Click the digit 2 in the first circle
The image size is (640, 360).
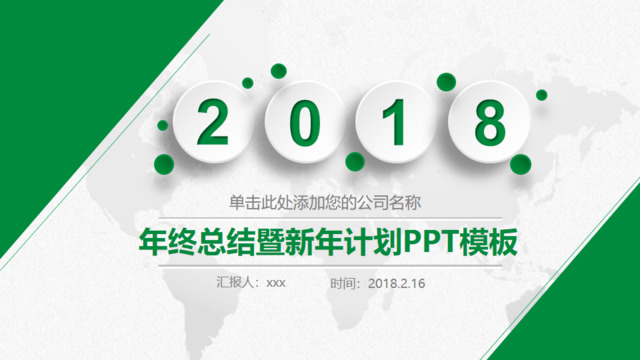point(212,122)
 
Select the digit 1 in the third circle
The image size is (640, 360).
point(396,122)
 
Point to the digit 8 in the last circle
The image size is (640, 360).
point(489,122)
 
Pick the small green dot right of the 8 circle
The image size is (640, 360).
point(541,95)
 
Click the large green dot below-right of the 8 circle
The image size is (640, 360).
point(520,163)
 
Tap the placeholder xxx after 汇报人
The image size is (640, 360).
point(276,283)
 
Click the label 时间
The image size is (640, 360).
point(345,283)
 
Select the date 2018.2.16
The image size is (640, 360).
point(397,283)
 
